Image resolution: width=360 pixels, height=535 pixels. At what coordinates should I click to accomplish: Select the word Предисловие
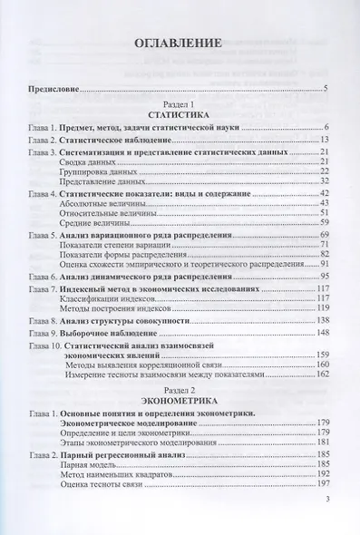tap(51, 88)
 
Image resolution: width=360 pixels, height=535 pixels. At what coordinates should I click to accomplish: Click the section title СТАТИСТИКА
tap(180, 115)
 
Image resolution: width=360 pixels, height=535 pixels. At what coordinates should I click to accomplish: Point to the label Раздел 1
tap(180, 103)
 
